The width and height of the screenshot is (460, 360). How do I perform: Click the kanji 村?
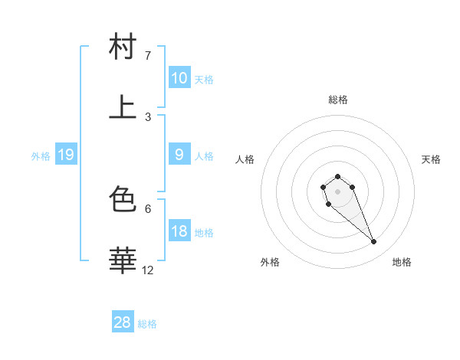(x=123, y=47)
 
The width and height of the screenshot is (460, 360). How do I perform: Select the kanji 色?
(x=123, y=199)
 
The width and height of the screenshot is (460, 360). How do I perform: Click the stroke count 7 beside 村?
(x=148, y=56)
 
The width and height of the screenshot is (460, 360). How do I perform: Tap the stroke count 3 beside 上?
(x=148, y=116)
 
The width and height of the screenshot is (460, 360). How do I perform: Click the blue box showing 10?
(x=179, y=78)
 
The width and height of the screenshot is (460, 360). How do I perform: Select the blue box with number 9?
(x=179, y=155)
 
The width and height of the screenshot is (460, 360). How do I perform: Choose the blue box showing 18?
(x=179, y=231)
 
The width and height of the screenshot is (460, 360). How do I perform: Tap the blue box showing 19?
(x=66, y=155)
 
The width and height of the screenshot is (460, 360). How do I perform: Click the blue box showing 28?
(x=123, y=322)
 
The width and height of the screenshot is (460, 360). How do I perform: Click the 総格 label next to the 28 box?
(x=147, y=324)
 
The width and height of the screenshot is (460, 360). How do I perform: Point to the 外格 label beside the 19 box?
(x=41, y=156)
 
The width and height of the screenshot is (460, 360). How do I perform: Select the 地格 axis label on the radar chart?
(x=402, y=262)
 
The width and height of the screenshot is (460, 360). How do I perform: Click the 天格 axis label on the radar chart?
(x=431, y=159)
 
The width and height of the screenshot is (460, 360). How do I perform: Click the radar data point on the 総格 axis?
(x=337, y=176)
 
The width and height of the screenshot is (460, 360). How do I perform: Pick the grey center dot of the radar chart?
(x=337, y=191)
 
